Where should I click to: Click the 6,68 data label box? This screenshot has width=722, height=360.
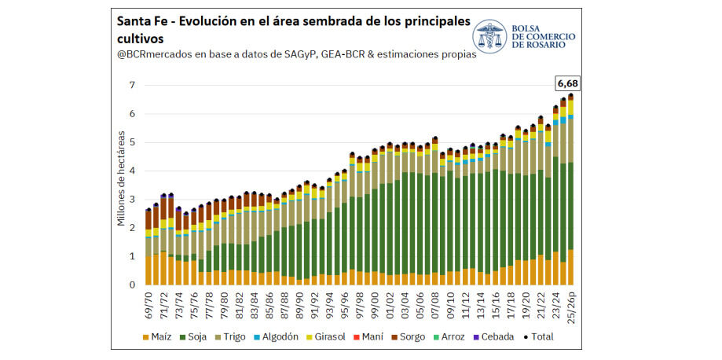point(567,84)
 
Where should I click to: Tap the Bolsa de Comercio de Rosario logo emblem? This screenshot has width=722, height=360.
point(489,36)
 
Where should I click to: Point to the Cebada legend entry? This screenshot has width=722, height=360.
point(493,337)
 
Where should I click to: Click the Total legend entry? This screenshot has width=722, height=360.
point(538,337)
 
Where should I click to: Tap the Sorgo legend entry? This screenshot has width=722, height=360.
point(409,337)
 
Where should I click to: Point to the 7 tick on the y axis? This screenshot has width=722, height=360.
point(133,85)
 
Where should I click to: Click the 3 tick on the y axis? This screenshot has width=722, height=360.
point(133,200)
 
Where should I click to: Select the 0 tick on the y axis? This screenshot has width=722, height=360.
point(133,285)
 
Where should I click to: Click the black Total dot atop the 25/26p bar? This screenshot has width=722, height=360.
point(571,95)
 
